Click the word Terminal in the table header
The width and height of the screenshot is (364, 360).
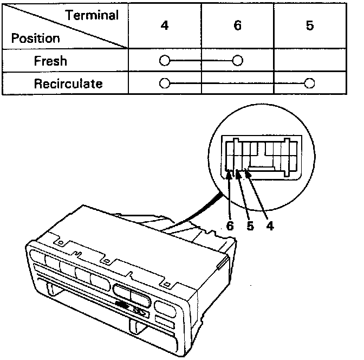(x=92, y=15)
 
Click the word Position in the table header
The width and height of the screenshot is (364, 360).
(x=36, y=39)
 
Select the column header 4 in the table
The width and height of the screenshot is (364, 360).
(x=165, y=26)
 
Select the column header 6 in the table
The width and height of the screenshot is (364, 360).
(x=237, y=26)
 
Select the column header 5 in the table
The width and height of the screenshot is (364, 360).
(x=309, y=26)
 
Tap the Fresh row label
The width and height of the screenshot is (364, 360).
(x=50, y=61)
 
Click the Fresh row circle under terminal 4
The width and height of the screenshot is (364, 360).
(x=164, y=61)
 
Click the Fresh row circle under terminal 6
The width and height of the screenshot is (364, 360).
(x=237, y=61)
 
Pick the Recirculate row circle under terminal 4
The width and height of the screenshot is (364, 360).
(x=164, y=84)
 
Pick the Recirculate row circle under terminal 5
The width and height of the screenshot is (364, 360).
(x=309, y=84)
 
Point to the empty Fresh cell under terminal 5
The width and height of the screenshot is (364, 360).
(x=309, y=61)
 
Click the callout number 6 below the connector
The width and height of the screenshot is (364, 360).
(x=230, y=226)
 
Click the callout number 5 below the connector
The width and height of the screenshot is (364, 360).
(x=250, y=226)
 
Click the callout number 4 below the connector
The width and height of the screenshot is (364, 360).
(x=270, y=226)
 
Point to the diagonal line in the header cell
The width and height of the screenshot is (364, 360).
(x=65, y=26)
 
